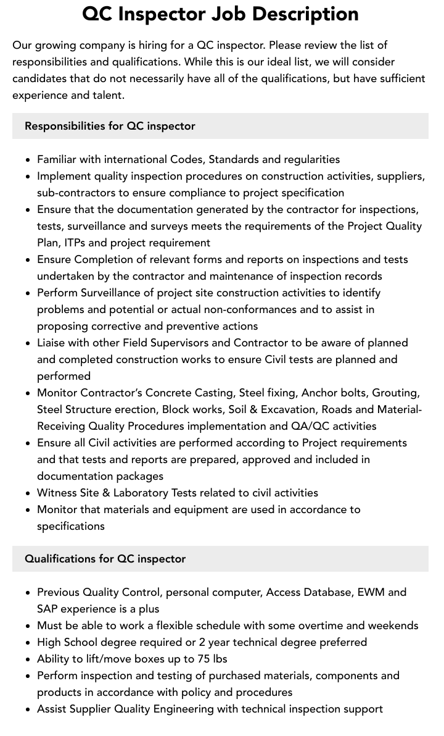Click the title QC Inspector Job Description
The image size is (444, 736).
pos(221,14)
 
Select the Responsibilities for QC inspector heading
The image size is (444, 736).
pos(110,126)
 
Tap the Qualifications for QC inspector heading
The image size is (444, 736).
pos(105,559)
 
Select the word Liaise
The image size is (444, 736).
pos(53,343)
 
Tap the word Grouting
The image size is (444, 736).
pos(397,393)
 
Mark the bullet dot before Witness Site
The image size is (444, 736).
pos(28,493)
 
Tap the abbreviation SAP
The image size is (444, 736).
pos(47,609)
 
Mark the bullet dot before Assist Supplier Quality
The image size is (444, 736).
pos(28,709)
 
